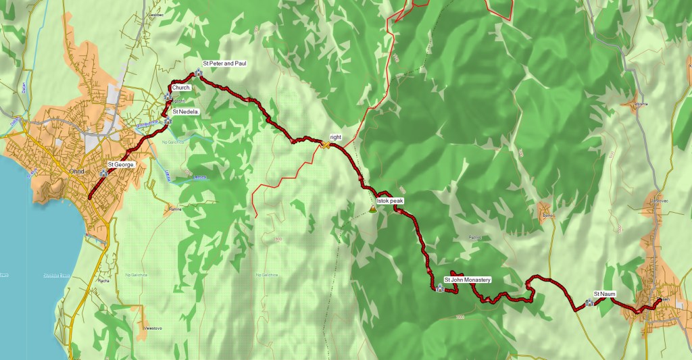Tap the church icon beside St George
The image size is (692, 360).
click(103, 174)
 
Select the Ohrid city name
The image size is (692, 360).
click(76, 172)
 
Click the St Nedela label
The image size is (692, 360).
click(184, 111)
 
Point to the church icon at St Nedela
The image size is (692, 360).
click(168, 121)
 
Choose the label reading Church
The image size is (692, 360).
click(180, 88)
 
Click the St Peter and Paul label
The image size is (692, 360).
click(224, 63)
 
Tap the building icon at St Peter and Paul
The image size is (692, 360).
click(198, 72)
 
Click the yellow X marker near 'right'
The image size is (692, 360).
click(325, 145)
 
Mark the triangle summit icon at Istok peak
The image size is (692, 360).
click(372, 209)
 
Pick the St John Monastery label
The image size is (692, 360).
click(467, 279)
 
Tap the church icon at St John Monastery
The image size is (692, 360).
click(440, 288)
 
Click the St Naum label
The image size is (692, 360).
click(605, 294)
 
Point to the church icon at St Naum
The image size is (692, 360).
click(589, 303)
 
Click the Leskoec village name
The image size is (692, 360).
click(155, 12)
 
